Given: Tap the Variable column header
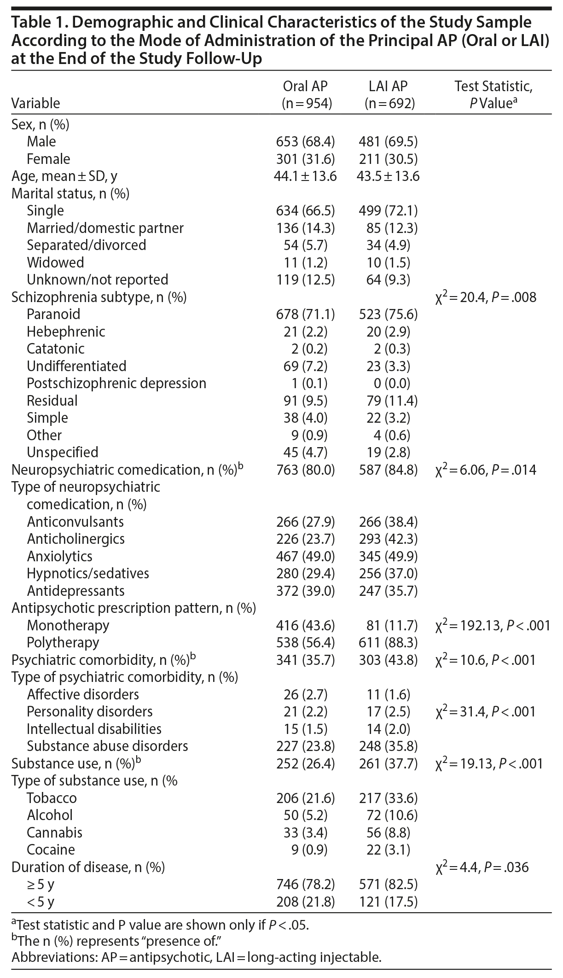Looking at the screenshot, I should [35, 103].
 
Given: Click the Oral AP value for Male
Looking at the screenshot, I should [306, 141].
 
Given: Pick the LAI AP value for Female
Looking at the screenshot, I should [388, 159].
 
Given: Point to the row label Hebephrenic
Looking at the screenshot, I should [66, 332].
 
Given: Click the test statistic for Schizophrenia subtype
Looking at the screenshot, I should [486, 297].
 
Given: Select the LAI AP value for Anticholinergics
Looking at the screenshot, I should [388, 539].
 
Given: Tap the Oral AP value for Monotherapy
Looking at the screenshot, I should [306, 625].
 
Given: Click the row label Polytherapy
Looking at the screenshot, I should [63, 642].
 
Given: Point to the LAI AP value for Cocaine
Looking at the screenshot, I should [388, 850].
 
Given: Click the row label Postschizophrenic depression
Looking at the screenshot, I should [116, 383].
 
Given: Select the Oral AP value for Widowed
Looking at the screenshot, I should [306, 262].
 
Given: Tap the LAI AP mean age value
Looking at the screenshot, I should [388, 176].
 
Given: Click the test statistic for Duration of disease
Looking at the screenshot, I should [482, 867].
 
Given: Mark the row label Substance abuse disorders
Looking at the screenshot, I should [107, 746].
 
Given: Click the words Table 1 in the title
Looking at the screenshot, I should [35, 22].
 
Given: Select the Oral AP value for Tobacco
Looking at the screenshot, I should [306, 798].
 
